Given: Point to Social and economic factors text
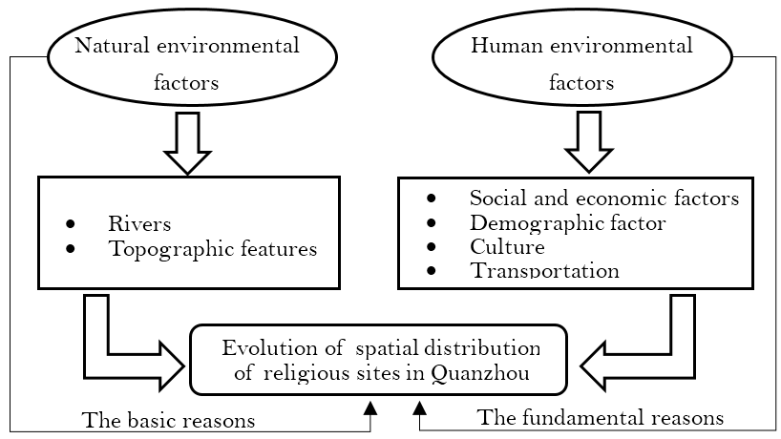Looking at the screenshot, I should (604, 199).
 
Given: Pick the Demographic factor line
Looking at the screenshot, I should (567, 223).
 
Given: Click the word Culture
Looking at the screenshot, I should (507, 247).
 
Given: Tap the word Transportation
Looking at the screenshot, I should (544, 271).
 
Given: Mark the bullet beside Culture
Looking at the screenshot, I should (431, 248).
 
